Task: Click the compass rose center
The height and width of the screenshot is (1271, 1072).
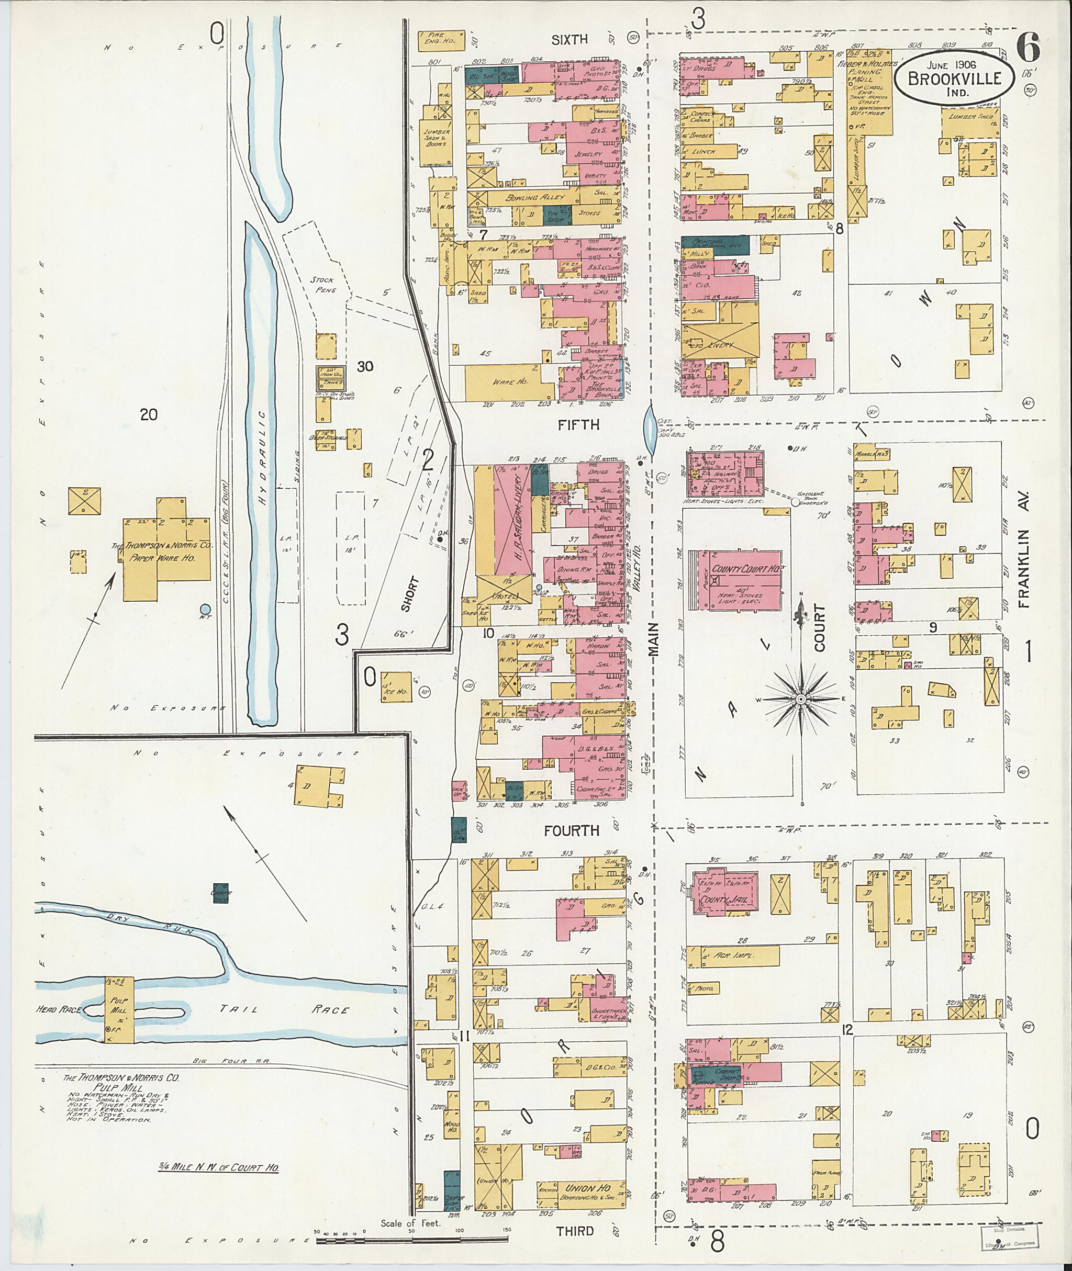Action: [801, 700]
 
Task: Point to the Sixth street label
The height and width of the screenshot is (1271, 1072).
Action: [569, 39]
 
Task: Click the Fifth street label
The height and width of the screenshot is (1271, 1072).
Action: [578, 425]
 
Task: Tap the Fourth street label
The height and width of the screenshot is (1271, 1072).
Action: [572, 830]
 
